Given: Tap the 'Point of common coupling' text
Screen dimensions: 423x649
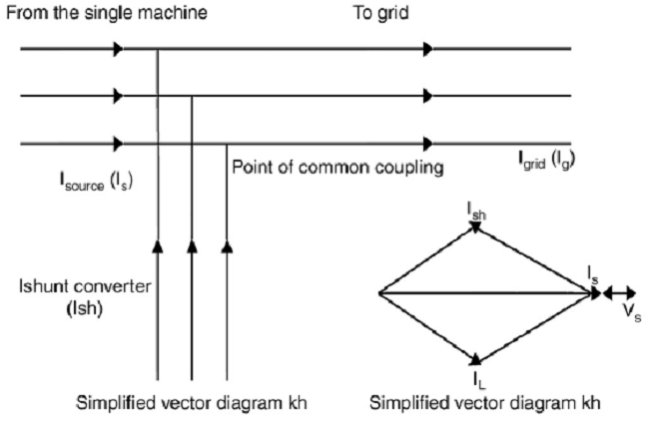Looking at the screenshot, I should coord(337,167).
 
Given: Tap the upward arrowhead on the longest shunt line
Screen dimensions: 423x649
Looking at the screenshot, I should coord(157,245).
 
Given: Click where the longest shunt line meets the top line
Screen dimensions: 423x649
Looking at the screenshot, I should coord(157,48).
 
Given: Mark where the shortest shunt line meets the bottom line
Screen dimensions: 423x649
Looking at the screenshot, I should coord(227,144).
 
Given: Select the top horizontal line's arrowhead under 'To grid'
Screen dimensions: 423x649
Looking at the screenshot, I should coord(428,48).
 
